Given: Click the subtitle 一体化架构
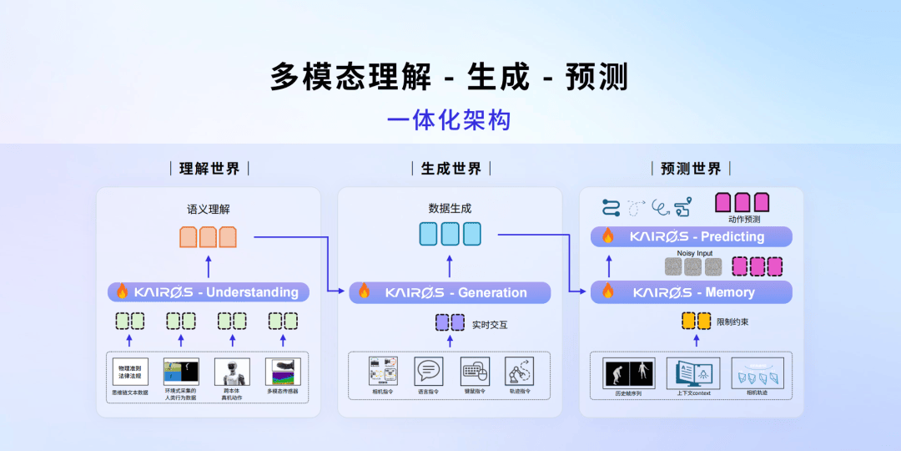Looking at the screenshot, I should pyautogui.click(x=449, y=119).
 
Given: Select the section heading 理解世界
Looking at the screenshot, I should pyautogui.click(x=209, y=169).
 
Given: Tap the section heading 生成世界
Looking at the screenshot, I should pyautogui.click(x=450, y=169).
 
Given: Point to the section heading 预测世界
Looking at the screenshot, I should pyautogui.click(x=691, y=169).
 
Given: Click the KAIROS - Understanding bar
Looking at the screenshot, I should pyautogui.click(x=209, y=292).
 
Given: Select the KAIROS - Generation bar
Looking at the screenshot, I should pyautogui.click(x=450, y=292).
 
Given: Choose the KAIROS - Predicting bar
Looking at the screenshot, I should pyautogui.click(x=691, y=236).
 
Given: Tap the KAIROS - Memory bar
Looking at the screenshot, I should pyautogui.click(x=691, y=292).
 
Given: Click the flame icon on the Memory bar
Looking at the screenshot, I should pyautogui.click(x=608, y=291).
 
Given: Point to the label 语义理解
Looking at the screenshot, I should pyautogui.click(x=208, y=209).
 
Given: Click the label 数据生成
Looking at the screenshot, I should pyautogui.click(x=450, y=209).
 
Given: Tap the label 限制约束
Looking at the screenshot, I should pyautogui.click(x=732, y=322).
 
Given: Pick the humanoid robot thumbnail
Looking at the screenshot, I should pyautogui.click(x=232, y=372).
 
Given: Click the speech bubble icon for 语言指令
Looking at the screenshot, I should pyautogui.click(x=428, y=371).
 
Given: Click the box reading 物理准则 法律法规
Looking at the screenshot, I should pyautogui.click(x=130, y=372).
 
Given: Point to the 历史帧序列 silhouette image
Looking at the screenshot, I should pyautogui.click(x=629, y=372).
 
